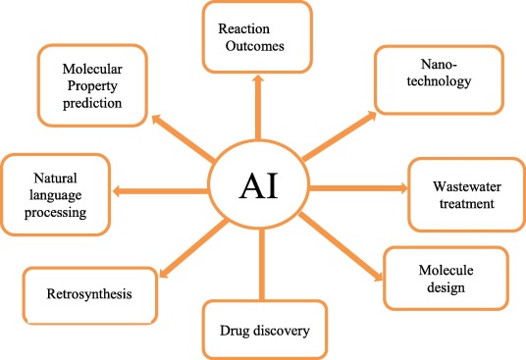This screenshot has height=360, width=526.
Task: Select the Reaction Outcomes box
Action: [x=257, y=37]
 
